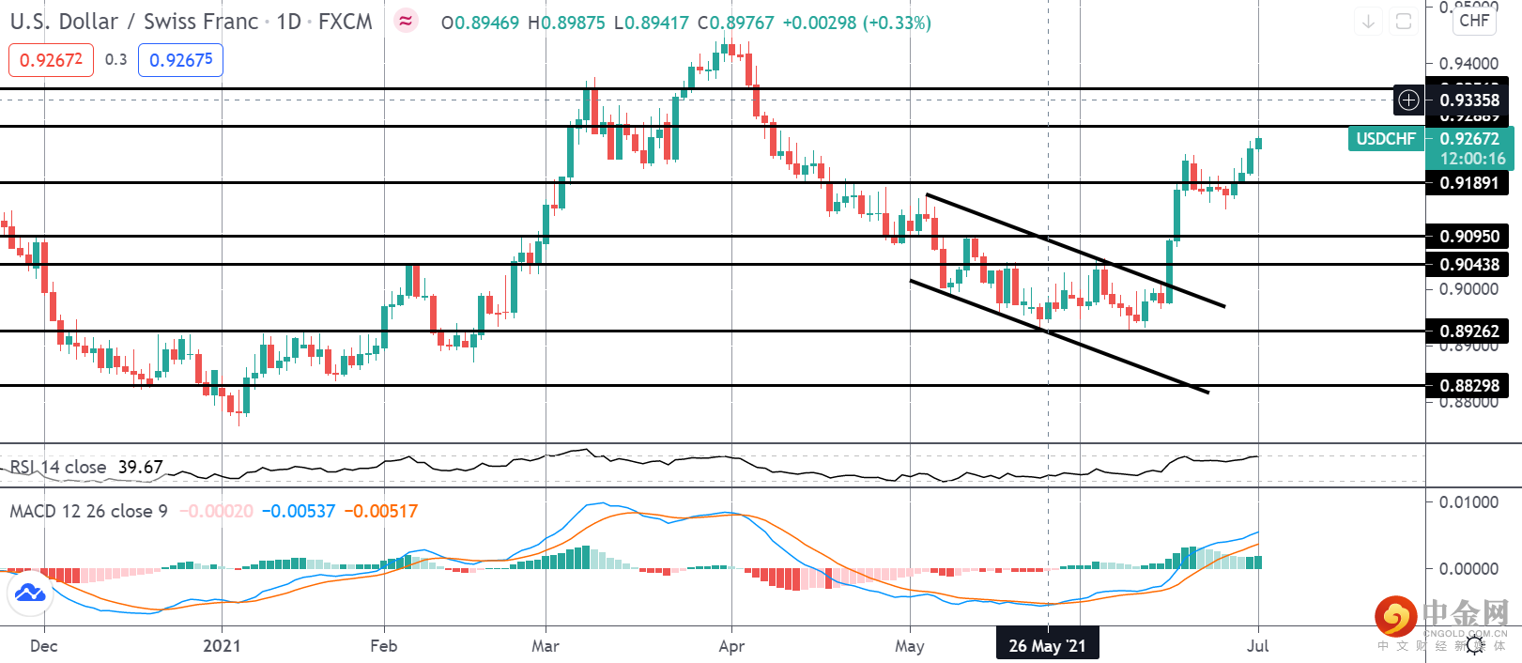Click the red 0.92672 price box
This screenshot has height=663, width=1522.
[51, 60]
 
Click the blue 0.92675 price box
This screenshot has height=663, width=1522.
[180, 60]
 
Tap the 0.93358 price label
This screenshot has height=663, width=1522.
[1469, 100]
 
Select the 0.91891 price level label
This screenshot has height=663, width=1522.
[1469, 182]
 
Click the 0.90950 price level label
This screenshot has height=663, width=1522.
[1469, 236]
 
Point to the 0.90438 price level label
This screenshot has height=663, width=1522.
[1469, 264]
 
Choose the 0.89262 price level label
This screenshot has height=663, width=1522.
[1469, 331]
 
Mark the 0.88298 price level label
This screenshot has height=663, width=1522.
[1469, 385]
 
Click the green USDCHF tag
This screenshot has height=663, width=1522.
[1386, 139]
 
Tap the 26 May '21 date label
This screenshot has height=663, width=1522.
[1047, 645]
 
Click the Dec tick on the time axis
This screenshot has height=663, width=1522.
[43, 645]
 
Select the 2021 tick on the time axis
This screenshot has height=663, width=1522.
[222, 645]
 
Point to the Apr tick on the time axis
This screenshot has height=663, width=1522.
[731, 645]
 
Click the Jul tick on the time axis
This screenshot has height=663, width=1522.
[1257, 645]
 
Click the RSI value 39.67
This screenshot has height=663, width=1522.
[140, 467]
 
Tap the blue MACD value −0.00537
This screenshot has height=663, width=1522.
[298, 511]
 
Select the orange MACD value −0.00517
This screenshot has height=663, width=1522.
[380, 511]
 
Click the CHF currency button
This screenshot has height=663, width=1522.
[1474, 21]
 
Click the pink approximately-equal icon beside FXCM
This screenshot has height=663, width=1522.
[406, 21]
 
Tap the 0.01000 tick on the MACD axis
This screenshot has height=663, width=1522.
[1468, 502]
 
